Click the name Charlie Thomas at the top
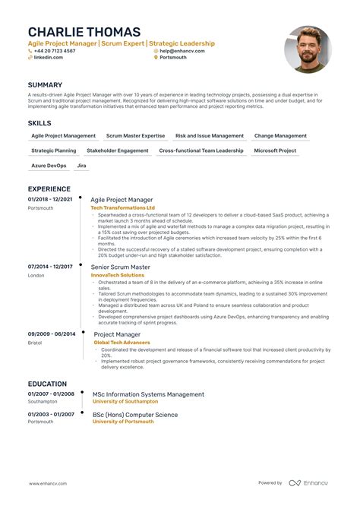pyautogui.click(x=84, y=32)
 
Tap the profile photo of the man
pyautogui.click(x=308, y=49)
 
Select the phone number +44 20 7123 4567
pyautogui.click(x=55, y=51)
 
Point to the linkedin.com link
pyautogui.click(x=49, y=57)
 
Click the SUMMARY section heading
pyautogui.click(x=45, y=84)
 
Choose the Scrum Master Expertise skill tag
pyautogui.click(x=135, y=136)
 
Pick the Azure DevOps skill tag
pyautogui.click(x=49, y=165)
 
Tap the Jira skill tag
pyautogui.click(x=81, y=165)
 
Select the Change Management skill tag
pyautogui.click(x=280, y=136)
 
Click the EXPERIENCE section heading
pyautogui.click(x=49, y=189)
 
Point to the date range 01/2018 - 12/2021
pyautogui.click(x=51, y=199)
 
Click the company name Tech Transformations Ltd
pyautogui.click(x=122, y=207)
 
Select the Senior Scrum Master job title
pyautogui.click(x=120, y=267)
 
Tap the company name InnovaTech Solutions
pyautogui.click(x=118, y=275)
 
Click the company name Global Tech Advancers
pyautogui.click(x=122, y=342)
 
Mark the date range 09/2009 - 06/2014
pyautogui.click(x=51, y=334)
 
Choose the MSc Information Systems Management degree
pyautogui.click(x=148, y=394)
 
